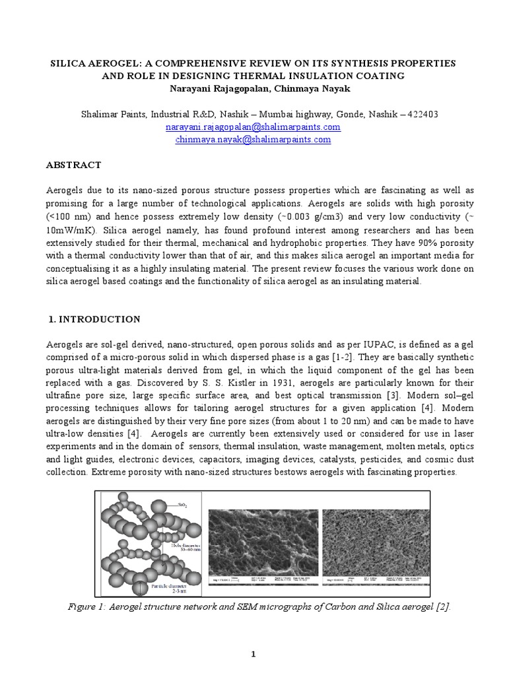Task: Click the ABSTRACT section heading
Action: click(73, 165)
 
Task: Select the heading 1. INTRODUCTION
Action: click(95, 320)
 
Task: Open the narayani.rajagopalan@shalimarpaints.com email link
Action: click(253, 127)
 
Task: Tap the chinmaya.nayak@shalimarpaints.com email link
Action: click(253, 140)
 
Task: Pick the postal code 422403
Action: click(444, 115)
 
